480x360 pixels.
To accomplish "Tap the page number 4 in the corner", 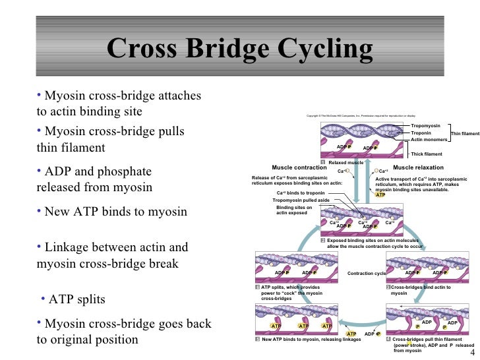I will [475, 351].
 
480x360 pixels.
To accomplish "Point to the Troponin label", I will [421, 133].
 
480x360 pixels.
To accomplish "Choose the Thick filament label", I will [427, 154].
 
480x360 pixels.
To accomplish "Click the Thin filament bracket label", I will [465, 134].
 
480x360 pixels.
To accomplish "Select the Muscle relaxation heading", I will [418, 167].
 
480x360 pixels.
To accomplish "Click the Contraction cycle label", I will [366, 273].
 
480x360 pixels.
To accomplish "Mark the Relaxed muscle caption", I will [345, 162].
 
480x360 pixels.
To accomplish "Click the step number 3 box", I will [388, 287].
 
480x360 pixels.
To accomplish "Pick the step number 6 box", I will [257, 287].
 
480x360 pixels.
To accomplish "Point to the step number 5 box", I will [257, 339].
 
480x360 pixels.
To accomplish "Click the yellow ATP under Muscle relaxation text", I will [380, 195].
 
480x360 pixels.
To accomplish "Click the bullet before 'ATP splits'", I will [43, 299].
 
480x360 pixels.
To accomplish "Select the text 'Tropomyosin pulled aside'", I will [301, 199].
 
